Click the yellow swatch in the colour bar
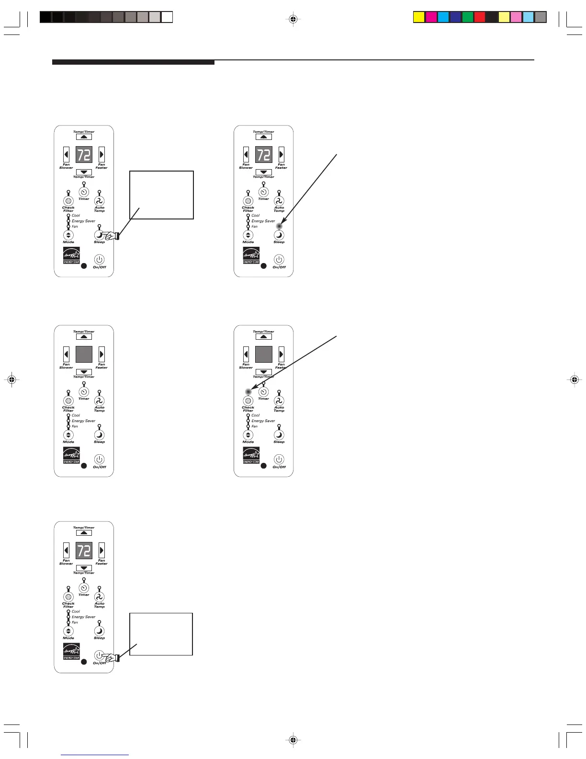point(419,18)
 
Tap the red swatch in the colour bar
point(480,18)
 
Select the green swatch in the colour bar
point(468,18)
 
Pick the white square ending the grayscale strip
point(167,18)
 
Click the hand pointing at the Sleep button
point(112,235)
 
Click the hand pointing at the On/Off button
point(112,658)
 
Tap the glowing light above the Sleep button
point(279,226)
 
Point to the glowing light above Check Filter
point(248,391)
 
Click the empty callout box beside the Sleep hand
point(161,195)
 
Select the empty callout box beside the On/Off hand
point(161,633)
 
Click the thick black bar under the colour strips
point(133,62)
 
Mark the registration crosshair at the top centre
point(293,19)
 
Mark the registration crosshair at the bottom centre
point(293,740)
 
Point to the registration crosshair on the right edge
point(575,379)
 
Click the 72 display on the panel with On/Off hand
point(84,551)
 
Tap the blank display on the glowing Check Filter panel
point(263,354)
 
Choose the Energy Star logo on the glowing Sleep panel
point(251,255)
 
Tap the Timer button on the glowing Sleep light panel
point(263,192)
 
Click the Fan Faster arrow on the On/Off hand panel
point(101,550)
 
